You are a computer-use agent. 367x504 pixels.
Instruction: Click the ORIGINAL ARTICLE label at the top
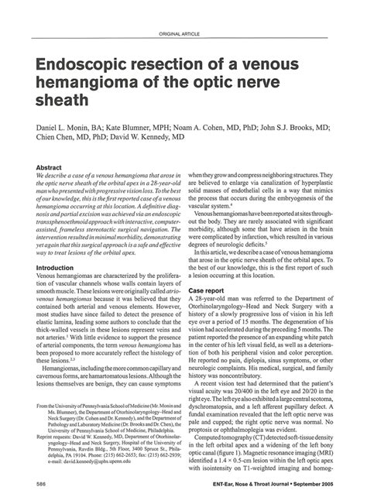[x=181, y=36]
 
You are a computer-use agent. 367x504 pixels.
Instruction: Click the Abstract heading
[x=50, y=166]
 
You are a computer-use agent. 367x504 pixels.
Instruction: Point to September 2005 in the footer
[x=314, y=483]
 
